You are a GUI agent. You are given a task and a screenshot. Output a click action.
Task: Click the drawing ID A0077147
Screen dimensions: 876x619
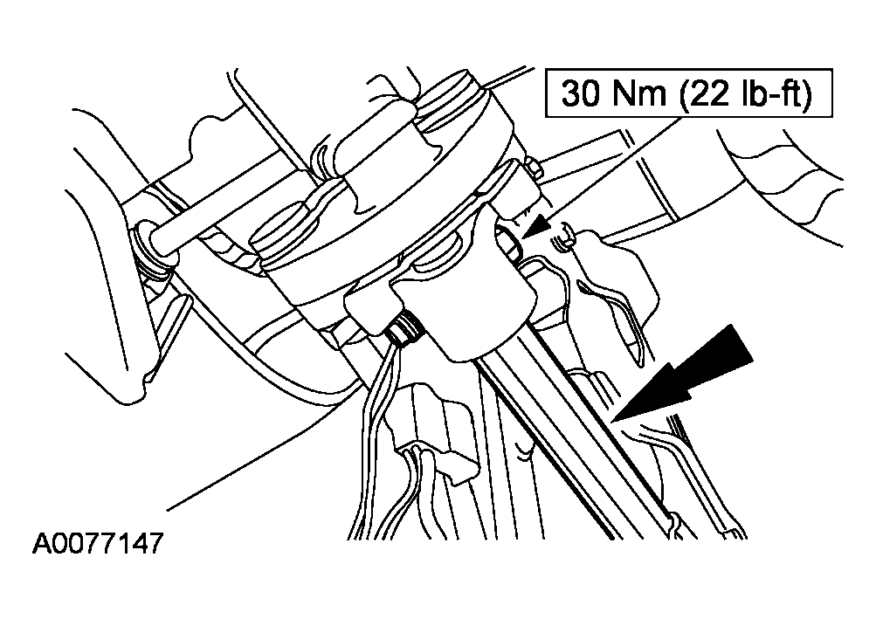[99, 542]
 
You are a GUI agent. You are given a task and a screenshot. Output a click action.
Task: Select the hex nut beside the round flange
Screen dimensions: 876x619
[533, 169]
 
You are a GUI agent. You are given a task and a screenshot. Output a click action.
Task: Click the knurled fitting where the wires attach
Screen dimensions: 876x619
[404, 328]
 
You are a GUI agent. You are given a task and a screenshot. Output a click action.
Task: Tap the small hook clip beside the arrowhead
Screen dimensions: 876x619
[563, 237]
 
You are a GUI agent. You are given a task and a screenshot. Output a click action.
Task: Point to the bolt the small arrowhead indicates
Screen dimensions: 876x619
[509, 243]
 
